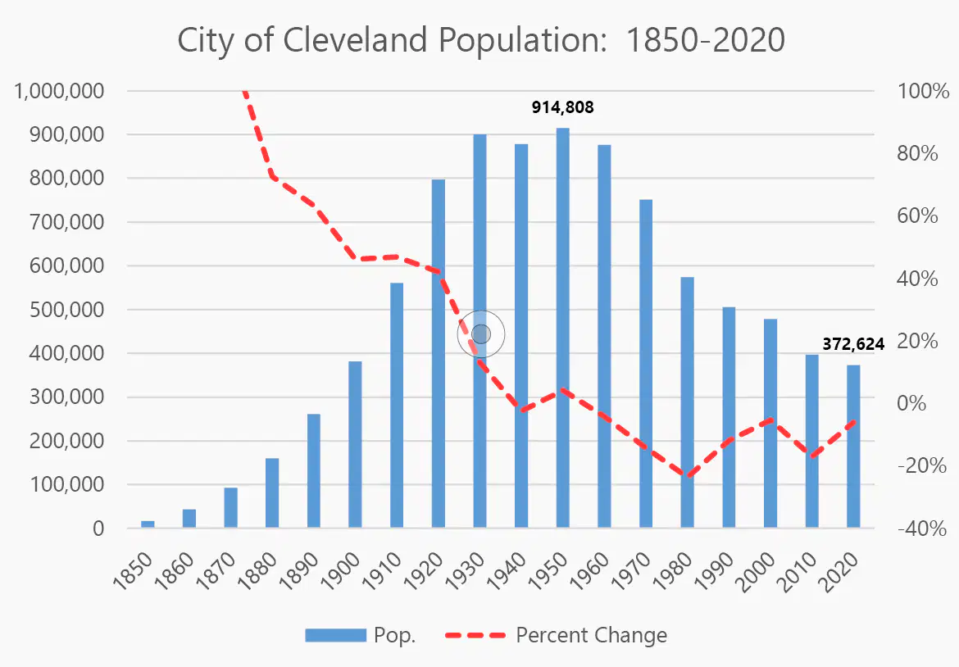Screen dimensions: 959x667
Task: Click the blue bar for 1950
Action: pos(562,328)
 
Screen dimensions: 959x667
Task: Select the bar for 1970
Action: pos(646,363)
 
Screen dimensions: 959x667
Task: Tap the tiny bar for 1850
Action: pos(148,524)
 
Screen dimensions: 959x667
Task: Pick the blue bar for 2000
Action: pos(770,423)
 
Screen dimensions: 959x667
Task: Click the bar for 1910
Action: pos(397,405)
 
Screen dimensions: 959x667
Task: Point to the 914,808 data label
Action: pos(562,107)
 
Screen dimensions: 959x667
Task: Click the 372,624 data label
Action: pos(853,344)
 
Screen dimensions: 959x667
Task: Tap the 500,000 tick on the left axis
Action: pos(66,310)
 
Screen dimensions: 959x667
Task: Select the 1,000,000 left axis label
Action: pos(59,91)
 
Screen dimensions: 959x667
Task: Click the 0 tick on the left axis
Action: pos(98,529)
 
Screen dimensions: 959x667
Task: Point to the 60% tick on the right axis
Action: pos(917,216)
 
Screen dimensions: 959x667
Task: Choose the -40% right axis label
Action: pos(922,529)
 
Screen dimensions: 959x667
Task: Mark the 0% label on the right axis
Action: pos(911,403)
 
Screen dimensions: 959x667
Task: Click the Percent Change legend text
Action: pos(592,635)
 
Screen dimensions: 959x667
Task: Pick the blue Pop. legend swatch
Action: pos(336,635)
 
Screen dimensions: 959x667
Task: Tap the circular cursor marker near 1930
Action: pos(481,333)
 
